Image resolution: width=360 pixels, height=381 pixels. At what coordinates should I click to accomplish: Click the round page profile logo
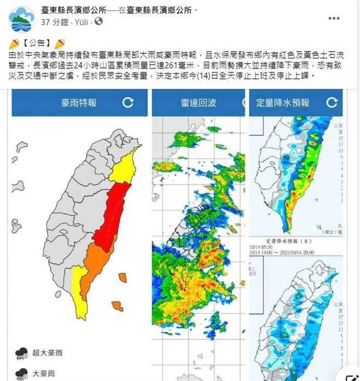22,19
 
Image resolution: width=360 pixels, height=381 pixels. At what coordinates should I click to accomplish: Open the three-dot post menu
334,18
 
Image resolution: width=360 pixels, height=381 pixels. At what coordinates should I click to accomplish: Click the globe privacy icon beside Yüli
99,22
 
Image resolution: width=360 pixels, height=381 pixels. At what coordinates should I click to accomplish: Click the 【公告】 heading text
37,43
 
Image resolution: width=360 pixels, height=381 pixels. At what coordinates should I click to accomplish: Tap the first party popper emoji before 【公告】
14,43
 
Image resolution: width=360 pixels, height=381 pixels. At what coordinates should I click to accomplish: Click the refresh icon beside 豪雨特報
128,103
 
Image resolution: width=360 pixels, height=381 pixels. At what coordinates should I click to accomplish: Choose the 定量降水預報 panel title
283,103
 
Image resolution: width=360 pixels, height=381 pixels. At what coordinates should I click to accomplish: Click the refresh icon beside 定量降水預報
331,103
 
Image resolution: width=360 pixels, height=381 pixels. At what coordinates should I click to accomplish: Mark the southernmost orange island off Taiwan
117,305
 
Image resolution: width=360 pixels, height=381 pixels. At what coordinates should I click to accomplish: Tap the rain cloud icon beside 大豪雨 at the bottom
22,374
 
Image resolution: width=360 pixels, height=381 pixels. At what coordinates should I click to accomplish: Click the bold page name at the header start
75,10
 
